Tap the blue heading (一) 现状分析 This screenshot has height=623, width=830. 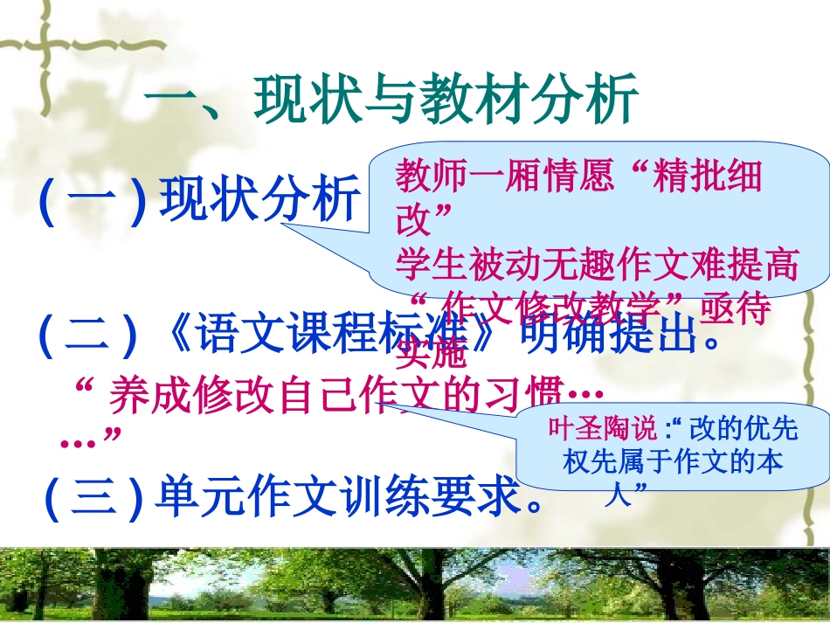point(199,200)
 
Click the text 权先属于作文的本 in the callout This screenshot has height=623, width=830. point(672,464)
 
